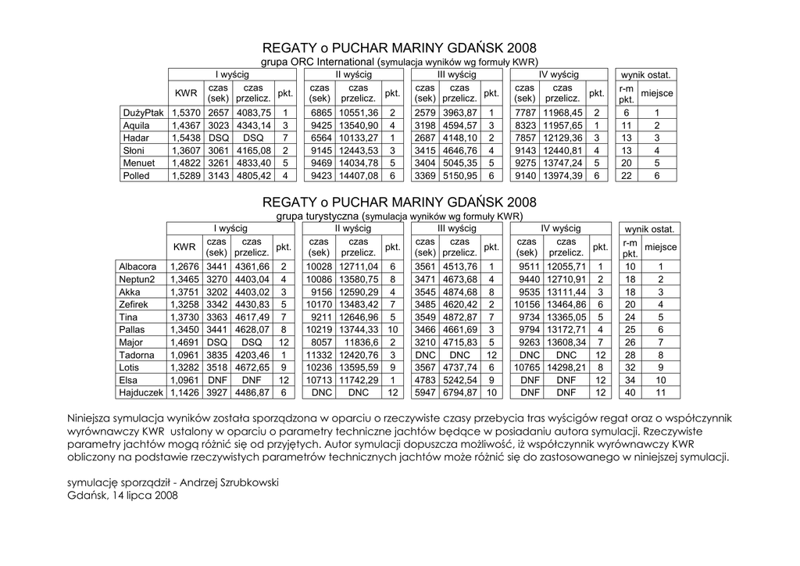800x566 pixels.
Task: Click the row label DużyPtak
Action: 143,113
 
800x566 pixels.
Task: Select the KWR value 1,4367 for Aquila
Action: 185,125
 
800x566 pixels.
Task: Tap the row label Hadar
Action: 136,138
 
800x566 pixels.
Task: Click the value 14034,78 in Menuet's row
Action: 359,163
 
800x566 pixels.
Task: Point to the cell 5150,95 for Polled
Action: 459,176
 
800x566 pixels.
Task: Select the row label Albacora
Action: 138,267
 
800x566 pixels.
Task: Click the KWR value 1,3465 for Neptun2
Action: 184,279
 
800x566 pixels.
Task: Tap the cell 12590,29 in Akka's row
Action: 359,292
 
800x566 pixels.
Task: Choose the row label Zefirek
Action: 134,304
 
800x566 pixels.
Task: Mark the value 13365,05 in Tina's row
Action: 568,317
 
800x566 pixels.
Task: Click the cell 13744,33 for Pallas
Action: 359,330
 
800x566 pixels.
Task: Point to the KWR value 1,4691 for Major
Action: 184,342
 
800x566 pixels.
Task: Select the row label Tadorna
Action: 136,355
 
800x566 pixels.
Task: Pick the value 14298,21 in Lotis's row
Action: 568,367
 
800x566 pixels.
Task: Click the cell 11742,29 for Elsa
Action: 359,380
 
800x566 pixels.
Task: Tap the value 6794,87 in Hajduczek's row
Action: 459,392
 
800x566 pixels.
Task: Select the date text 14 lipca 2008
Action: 145,496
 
